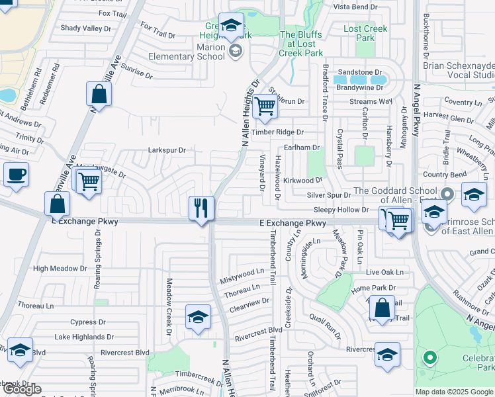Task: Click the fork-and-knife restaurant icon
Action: [201, 208]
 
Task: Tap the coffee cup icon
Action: [16, 175]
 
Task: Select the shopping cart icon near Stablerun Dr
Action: [265, 105]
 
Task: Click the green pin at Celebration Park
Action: [430, 359]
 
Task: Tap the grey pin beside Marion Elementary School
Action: [234, 52]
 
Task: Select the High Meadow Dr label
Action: [60, 268]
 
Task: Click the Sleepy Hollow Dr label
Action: [341, 209]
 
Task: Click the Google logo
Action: [22, 389]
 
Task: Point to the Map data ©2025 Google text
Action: [454, 392]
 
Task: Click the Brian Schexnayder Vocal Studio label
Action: [458, 71]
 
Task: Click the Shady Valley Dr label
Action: [86, 28]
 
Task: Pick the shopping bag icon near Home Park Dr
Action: [382, 308]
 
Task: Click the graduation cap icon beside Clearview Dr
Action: [198, 317]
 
